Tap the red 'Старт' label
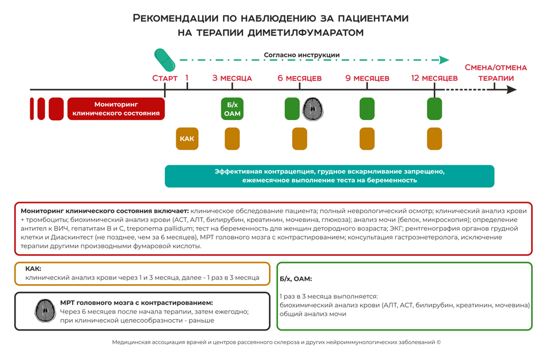tap(165, 78)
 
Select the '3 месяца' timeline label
tap(232, 78)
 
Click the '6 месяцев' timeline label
tap(300, 78)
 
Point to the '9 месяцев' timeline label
tap(367, 78)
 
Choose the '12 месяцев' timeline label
tap(434, 78)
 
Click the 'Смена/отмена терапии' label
tap(496, 73)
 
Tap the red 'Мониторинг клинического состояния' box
tap(116, 109)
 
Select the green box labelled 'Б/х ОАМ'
tap(232, 109)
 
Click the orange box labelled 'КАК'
tap(187, 138)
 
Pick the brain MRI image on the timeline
tap(313, 109)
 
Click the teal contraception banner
tap(329, 176)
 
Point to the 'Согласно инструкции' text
tap(302, 55)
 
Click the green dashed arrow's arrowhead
tap(444, 60)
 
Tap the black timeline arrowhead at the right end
tap(512, 89)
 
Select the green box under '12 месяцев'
tap(435, 109)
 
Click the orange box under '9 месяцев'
tap(367, 138)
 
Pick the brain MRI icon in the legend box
tap(45, 310)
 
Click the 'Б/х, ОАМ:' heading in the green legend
tap(296, 279)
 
